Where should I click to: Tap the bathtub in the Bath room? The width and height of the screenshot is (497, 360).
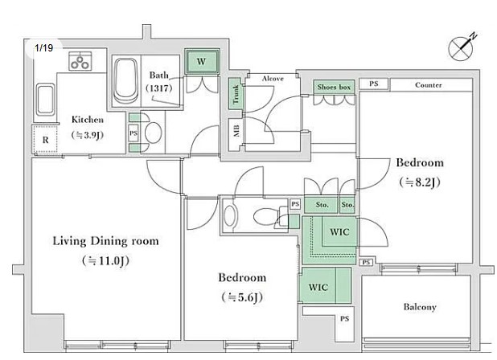coord(125,83)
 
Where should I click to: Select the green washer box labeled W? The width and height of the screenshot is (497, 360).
coord(201,61)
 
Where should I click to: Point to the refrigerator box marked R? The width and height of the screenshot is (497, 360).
coord(45,139)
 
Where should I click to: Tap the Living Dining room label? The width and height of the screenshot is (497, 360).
coord(105,240)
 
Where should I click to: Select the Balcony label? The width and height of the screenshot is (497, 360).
coord(419,307)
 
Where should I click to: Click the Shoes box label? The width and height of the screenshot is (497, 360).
coord(335,86)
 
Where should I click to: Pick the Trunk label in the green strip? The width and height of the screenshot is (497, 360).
coord(236,96)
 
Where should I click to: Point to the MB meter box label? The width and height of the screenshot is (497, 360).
coord(236,131)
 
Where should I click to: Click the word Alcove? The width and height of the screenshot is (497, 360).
coord(271,77)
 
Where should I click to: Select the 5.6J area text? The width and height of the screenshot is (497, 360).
coord(242,297)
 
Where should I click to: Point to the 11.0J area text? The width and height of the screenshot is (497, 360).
coord(105,260)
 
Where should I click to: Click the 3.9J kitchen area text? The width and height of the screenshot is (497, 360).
coord(87,135)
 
